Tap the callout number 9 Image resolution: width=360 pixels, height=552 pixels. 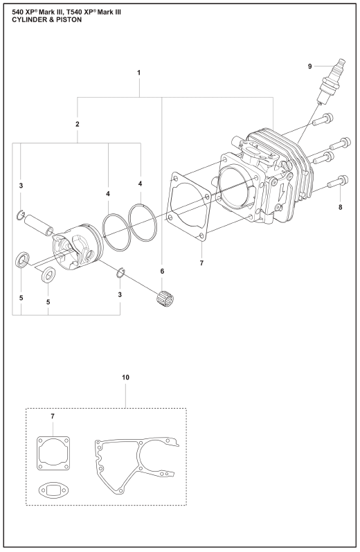click(x=309, y=66)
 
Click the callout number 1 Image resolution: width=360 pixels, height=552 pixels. click(x=138, y=73)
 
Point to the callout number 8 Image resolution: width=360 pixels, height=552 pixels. click(x=341, y=207)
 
